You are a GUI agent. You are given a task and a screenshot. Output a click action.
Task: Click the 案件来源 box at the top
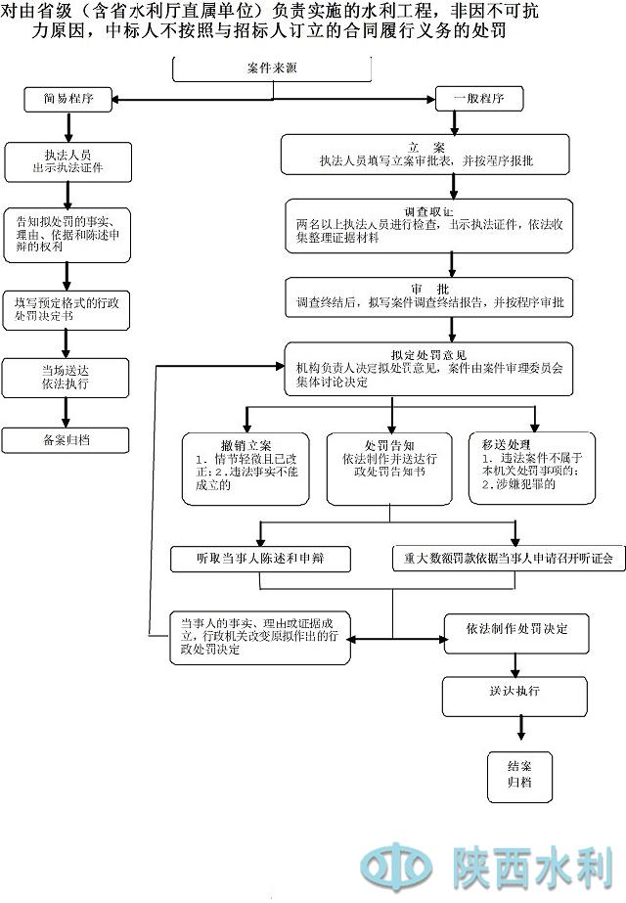[x=271, y=69]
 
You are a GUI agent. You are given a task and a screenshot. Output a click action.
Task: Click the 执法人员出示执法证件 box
[x=67, y=160]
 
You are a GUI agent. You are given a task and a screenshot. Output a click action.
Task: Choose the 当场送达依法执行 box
[x=67, y=377]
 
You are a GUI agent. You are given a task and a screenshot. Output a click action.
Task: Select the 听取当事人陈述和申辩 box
[x=261, y=559]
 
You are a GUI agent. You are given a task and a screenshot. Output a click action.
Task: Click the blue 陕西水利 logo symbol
[x=396, y=866]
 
